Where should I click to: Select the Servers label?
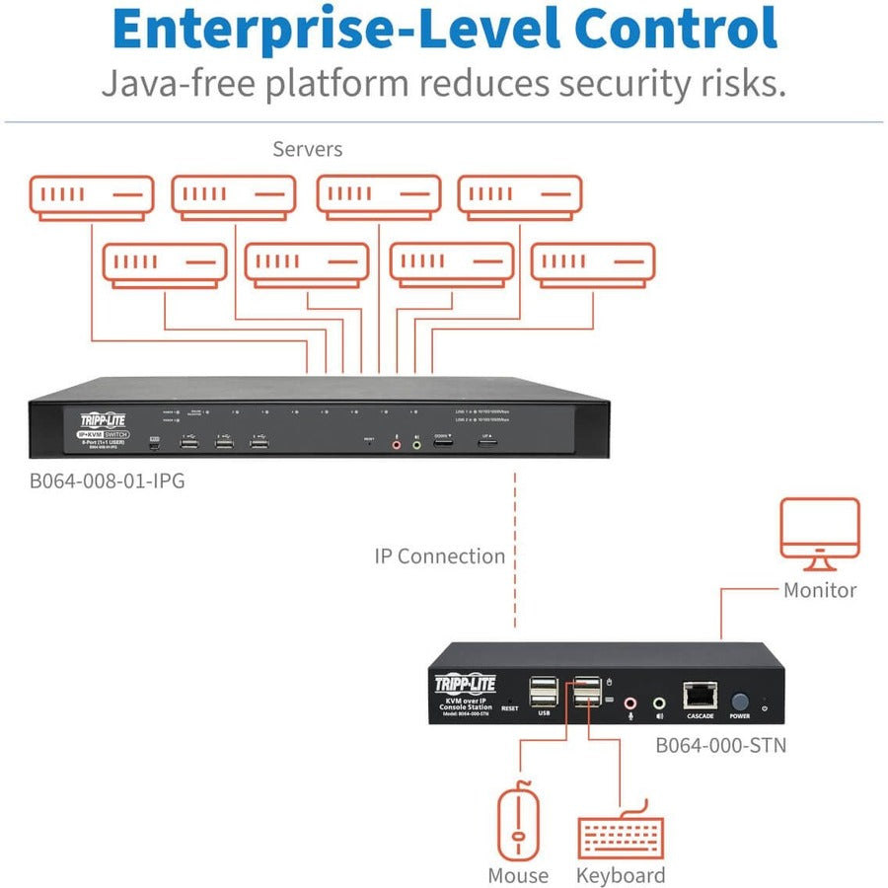click(x=308, y=150)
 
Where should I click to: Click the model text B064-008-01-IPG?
click(x=107, y=482)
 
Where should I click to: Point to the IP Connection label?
click(x=439, y=556)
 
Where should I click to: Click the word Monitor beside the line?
click(x=820, y=590)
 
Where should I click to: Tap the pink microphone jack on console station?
click(x=631, y=702)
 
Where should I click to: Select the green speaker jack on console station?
click(x=659, y=702)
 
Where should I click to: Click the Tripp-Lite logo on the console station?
click(x=466, y=683)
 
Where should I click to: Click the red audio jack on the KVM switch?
click(x=397, y=444)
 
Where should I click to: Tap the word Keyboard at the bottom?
click(x=621, y=875)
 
